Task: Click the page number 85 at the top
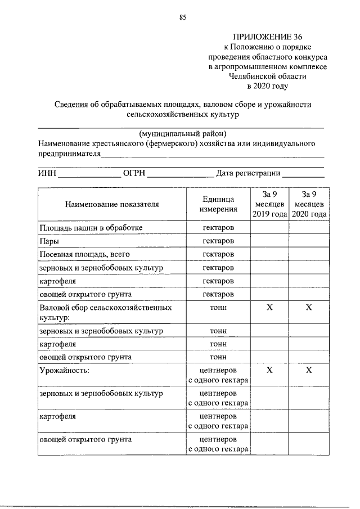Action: (x=183, y=17)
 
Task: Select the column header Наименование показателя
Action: (x=112, y=204)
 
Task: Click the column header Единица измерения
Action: (x=218, y=204)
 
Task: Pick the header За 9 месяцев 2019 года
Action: (x=269, y=204)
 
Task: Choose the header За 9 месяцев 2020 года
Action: (x=309, y=204)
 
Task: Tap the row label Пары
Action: (x=49, y=241)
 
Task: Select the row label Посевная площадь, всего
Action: (x=76, y=254)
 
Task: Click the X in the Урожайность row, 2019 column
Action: (x=269, y=370)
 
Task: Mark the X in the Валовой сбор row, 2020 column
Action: (x=309, y=308)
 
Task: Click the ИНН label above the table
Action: (x=47, y=174)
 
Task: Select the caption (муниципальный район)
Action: (x=183, y=134)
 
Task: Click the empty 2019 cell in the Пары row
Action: (x=269, y=241)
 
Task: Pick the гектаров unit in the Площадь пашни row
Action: (x=218, y=227)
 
